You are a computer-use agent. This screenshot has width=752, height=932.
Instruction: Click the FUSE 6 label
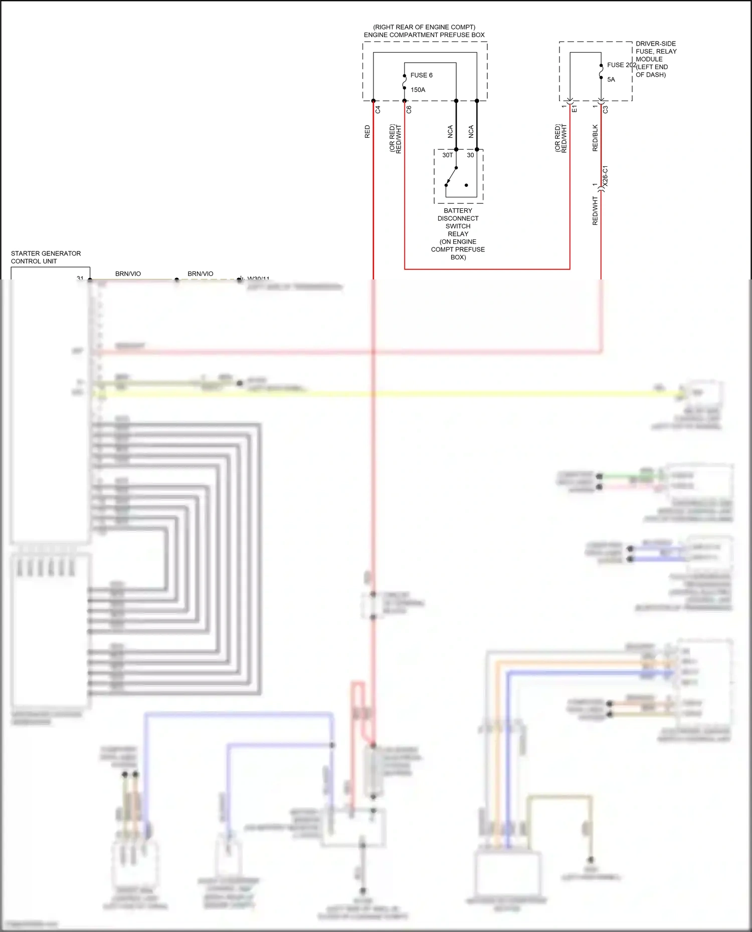click(421, 75)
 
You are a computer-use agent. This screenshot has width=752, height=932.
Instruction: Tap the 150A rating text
click(418, 90)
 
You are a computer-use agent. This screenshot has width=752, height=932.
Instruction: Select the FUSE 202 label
click(621, 65)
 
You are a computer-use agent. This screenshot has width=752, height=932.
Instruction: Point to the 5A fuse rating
click(611, 80)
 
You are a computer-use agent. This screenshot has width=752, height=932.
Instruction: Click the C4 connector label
click(378, 109)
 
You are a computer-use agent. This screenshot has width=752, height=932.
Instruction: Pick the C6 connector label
click(409, 109)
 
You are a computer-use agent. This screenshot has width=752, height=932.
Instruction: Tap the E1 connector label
click(575, 109)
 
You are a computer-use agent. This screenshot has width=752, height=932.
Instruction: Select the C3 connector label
click(606, 109)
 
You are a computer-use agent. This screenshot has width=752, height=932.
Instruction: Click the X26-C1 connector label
click(605, 176)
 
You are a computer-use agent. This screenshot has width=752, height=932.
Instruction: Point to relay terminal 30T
click(447, 155)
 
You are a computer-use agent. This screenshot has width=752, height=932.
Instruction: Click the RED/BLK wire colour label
click(595, 138)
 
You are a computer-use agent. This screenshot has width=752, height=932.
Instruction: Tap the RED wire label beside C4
click(367, 132)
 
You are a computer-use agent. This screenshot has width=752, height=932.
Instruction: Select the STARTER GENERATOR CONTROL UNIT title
click(46, 257)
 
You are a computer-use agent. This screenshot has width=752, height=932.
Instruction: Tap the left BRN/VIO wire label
click(128, 273)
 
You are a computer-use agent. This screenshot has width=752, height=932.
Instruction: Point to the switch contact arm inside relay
click(452, 176)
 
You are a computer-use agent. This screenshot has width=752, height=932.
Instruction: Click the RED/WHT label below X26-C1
click(595, 210)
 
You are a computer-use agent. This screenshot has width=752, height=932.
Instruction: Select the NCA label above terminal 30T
click(450, 132)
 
